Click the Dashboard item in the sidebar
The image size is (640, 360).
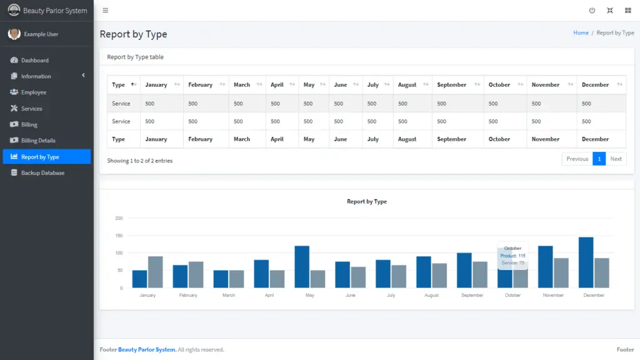[x=34, y=61]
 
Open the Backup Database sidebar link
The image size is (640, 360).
[x=42, y=172]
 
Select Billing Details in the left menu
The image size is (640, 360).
[x=38, y=141]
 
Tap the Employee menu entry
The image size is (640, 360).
[x=34, y=92]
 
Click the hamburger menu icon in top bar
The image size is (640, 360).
[x=105, y=11]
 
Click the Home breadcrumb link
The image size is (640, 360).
[x=581, y=33]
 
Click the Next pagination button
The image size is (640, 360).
[x=616, y=159]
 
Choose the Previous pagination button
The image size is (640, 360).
[x=577, y=159]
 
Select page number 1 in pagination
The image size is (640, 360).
[x=599, y=159]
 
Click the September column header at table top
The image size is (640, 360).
[x=451, y=85]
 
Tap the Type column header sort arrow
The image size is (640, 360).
[x=133, y=85]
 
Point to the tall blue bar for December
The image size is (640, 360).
[x=586, y=262]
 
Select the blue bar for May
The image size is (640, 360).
[x=302, y=267]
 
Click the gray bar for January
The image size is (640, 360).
[x=155, y=272]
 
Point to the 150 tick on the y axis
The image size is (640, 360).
[x=119, y=236]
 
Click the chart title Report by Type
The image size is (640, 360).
[x=367, y=202]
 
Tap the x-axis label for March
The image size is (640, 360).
[x=229, y=295]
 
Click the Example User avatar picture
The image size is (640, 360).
[x=14, y=34]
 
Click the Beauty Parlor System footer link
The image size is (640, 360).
[x=147, y=350]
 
